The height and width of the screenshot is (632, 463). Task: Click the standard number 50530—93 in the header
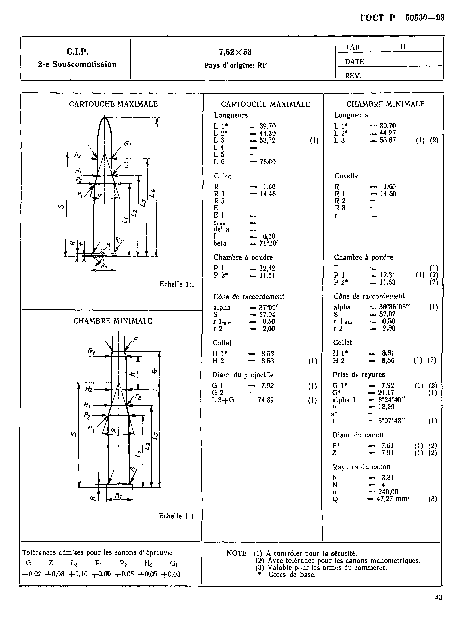pos(425,18)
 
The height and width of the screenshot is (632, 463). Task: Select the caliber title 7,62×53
pos(235,52)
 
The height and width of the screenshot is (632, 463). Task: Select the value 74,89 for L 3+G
pos(266,400)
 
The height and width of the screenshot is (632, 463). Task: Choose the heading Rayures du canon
pos(361,467)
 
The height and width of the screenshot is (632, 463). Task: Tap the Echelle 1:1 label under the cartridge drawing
pos(177,284)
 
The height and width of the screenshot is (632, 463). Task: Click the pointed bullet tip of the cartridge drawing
pos(105,118)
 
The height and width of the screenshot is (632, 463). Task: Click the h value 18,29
pos(386,407)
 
